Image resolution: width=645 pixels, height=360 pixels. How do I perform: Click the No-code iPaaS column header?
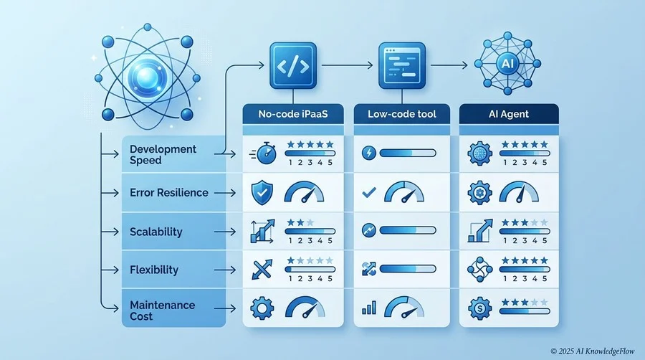coord(293,114)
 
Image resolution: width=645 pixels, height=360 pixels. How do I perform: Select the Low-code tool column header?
coord(402,114)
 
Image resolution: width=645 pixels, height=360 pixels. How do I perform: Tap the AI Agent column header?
coord(509,114)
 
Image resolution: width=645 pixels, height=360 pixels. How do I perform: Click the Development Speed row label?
coord(163,154)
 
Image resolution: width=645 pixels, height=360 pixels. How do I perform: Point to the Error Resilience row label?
coord(169,192)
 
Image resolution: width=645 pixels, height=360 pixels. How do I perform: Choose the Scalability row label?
coord(156,232)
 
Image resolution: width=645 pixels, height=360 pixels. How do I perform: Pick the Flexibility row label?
coord(154,270)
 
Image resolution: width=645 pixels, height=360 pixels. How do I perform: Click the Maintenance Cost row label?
coord(163,311)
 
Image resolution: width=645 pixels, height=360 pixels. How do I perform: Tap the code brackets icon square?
coord(293,66)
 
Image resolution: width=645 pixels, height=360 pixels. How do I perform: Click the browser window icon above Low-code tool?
coord(402,66)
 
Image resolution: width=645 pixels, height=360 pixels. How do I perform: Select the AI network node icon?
coord(507,63)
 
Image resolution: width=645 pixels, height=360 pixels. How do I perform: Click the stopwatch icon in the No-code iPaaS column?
coord(264,153)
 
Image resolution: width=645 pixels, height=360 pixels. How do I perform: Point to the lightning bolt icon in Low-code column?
coord(368,153)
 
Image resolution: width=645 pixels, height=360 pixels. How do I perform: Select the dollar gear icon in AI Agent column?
coord(479,308)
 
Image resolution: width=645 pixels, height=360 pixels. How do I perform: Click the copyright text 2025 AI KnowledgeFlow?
coord(593,351)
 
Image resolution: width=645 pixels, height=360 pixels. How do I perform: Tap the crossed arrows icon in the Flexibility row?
coord(262,270)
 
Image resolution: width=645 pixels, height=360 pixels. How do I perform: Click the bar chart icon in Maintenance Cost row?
coord(369,308)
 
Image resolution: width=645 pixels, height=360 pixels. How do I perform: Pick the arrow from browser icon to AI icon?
coord(449,65)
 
